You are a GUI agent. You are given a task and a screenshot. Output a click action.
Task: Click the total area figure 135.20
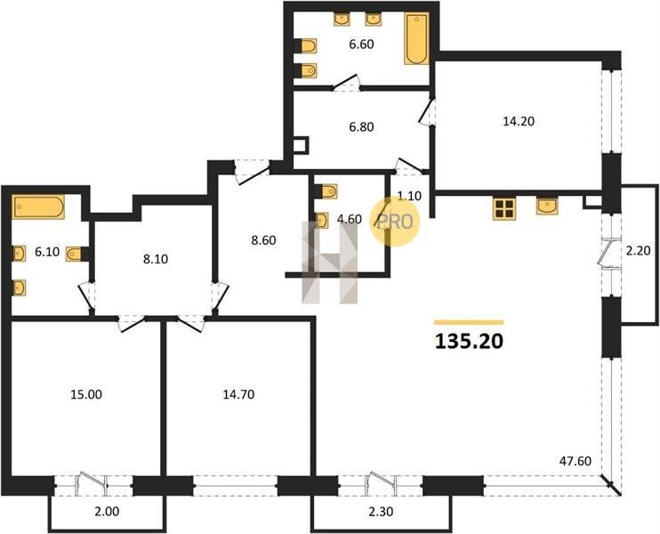click(x=469, y=342)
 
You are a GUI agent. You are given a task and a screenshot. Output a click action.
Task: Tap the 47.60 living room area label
click(x=575, y=461)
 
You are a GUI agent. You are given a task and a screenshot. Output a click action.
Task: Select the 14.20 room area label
click(x=519, y=121)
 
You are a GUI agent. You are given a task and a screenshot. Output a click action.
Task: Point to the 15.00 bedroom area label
click(x=86, y=394)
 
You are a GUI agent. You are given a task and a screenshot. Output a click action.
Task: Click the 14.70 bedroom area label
click(x=238, y=394)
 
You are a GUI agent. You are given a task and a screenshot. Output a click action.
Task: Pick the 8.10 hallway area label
click(x=156, y=259)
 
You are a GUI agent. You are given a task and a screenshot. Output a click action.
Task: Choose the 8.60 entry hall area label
click(x=263, y=240)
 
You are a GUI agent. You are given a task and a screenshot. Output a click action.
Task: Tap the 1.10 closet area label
click(x=409, y=196)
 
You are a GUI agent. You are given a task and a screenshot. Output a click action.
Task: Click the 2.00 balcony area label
click(x=108, y=511)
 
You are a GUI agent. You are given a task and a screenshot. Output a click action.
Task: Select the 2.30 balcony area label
click(x=381, y=511)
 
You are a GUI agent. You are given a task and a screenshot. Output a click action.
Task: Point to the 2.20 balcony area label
click(x=638, y=251)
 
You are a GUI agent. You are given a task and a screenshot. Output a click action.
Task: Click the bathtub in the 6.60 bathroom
click(x=416, y=38)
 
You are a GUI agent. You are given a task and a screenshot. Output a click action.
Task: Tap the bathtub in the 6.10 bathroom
click(x=38, y=206)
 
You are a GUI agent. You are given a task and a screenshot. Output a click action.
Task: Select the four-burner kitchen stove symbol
click(x=504, y=208)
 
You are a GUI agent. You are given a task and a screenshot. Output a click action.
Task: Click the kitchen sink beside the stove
click(x=547, y=206)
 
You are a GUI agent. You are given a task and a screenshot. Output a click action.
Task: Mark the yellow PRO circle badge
click(x=395, y=222)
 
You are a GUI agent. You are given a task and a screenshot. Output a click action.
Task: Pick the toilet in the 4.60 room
click(x=329, y=191)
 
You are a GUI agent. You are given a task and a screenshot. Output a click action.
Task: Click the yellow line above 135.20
click(x=469, y=322)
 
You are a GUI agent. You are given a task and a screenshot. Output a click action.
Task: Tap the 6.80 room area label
click(x=361, y=126)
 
